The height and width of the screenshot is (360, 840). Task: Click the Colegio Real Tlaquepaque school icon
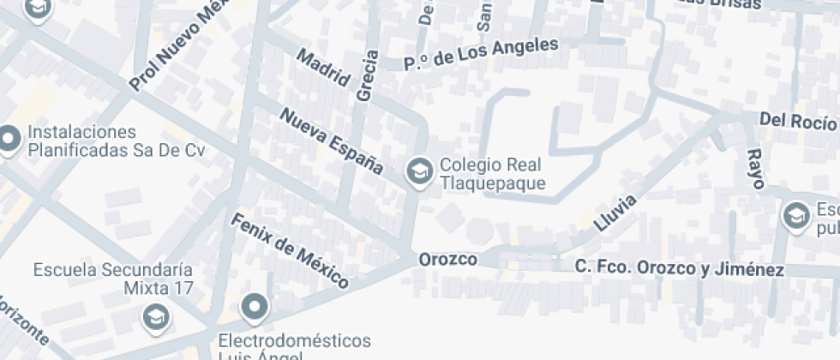[419, 171]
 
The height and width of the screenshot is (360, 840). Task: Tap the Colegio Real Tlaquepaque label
[492, 174]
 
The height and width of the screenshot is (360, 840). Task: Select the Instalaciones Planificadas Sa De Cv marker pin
[9, 140]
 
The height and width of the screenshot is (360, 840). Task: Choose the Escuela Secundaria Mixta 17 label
[113, 279]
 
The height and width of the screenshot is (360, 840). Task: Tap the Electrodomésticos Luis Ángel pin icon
[255, 306]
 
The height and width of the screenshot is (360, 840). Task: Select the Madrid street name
[323, 68]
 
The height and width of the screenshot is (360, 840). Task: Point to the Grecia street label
[366, 76]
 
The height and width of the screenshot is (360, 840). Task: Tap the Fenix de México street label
[290, 250]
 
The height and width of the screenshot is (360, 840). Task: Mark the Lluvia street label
[615, 214]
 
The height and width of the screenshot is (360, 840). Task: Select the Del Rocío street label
[798, 121]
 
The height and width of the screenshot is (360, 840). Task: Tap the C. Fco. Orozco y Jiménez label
[679, 268]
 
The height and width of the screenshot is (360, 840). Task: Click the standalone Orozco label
[447, 259]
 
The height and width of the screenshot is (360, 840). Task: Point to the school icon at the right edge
[796, 216]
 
